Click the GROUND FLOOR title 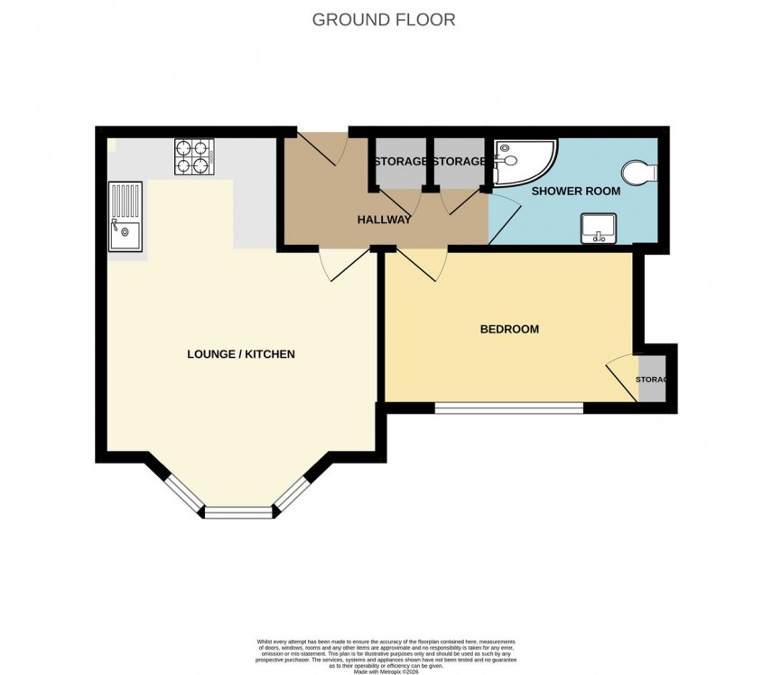click(x=384, y=19)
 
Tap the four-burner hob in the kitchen click(x=193, y=155)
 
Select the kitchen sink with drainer click(x=125, y=217)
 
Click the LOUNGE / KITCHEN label click(x=241, y=354)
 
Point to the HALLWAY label click(x=384, y=220)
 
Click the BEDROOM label click(x=509, y=329)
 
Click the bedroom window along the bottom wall click(x=509, y=408)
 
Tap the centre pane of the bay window click(x=238, y=512)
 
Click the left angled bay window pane click(x=183, y=492)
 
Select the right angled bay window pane click(x=294, y=492)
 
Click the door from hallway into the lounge click(x=344, y=265)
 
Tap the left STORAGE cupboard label click(x=401, y=162)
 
